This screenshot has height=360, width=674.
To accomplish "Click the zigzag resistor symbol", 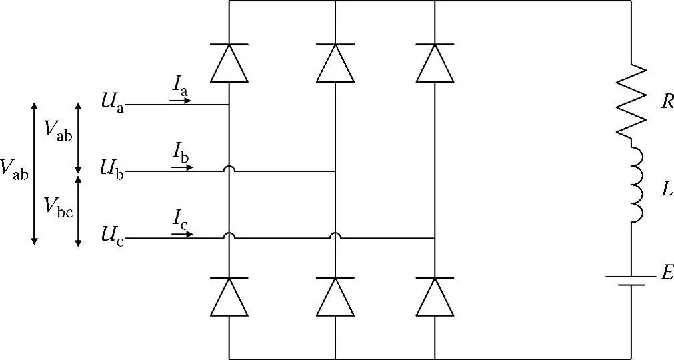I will point(631,101).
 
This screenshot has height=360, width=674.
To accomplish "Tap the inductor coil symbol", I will point(634,184).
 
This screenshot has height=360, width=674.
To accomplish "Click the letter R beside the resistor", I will point(667,102).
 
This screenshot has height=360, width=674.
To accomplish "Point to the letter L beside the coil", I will point(666,190).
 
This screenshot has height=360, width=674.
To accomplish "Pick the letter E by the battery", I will point(666,272).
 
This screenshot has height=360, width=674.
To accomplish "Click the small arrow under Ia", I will point(181,101).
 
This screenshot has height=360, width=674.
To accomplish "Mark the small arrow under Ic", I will point(182,234).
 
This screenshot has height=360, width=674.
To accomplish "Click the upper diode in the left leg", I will point(229,63).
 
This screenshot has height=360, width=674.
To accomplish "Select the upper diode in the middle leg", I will point(335,63).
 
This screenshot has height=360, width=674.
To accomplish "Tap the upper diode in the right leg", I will point(435,63).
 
